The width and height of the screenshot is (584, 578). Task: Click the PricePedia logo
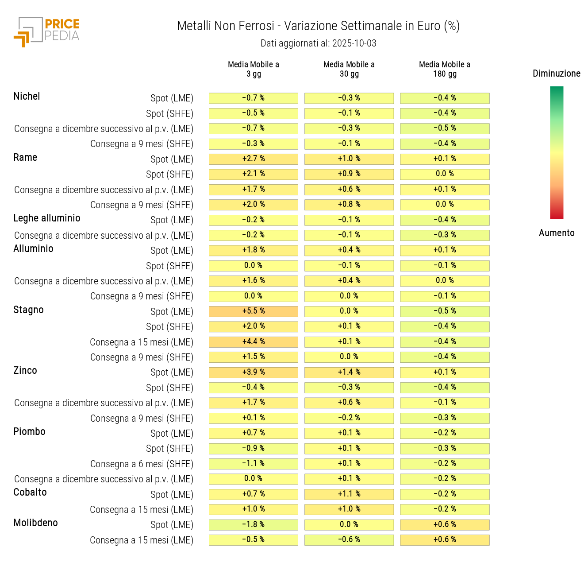tap(46, 32)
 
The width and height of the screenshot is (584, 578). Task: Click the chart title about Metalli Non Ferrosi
tap(318, 26)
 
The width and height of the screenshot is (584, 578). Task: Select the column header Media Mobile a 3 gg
tap(254, 69)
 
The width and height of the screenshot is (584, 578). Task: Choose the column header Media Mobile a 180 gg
tap(445, 69)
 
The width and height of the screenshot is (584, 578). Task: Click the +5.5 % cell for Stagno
tap(254, 311)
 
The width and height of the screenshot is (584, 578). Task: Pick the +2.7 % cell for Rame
tap(254, 159)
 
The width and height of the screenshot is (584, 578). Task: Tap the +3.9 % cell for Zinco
tap(254, 372)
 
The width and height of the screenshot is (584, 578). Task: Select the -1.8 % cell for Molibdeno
tap(254, 525)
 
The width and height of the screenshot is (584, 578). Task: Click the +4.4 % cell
tap(254, 342)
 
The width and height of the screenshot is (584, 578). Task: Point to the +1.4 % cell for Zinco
tap(349, 372)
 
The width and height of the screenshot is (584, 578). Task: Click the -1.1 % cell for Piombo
tap(254, 464)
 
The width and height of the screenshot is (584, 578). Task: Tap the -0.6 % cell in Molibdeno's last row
tap(349, 540)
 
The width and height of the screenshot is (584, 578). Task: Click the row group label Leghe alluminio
tap(47, 218)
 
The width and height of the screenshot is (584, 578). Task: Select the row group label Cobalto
tap(30, 493)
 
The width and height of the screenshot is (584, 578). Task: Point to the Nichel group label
tap(27, 97)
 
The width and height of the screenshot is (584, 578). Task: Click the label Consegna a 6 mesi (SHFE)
tap(142, 464)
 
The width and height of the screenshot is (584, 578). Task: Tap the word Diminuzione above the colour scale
tap(556, 74)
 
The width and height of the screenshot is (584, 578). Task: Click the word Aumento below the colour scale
tap(557, 233)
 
